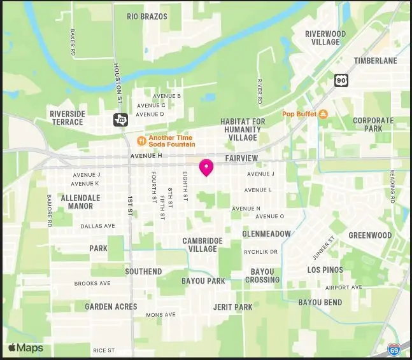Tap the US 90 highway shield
(x=341, y=80)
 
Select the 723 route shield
(x=119, y=120)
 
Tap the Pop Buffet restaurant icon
(x=323, y=114)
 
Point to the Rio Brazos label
(x=146, y=17)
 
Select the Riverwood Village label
(x=325, y=38)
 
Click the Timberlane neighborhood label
(x=376, y=61)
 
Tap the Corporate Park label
(x=373, y=124)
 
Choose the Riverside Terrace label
(x=67, y=118)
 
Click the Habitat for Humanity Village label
(x=243, y=129)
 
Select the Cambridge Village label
(x=202, y=245)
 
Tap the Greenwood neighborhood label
(x=370, y=235)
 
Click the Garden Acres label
(x=111, y=307)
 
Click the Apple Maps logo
(x=25, y=348)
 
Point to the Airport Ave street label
(x=344, y=287)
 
